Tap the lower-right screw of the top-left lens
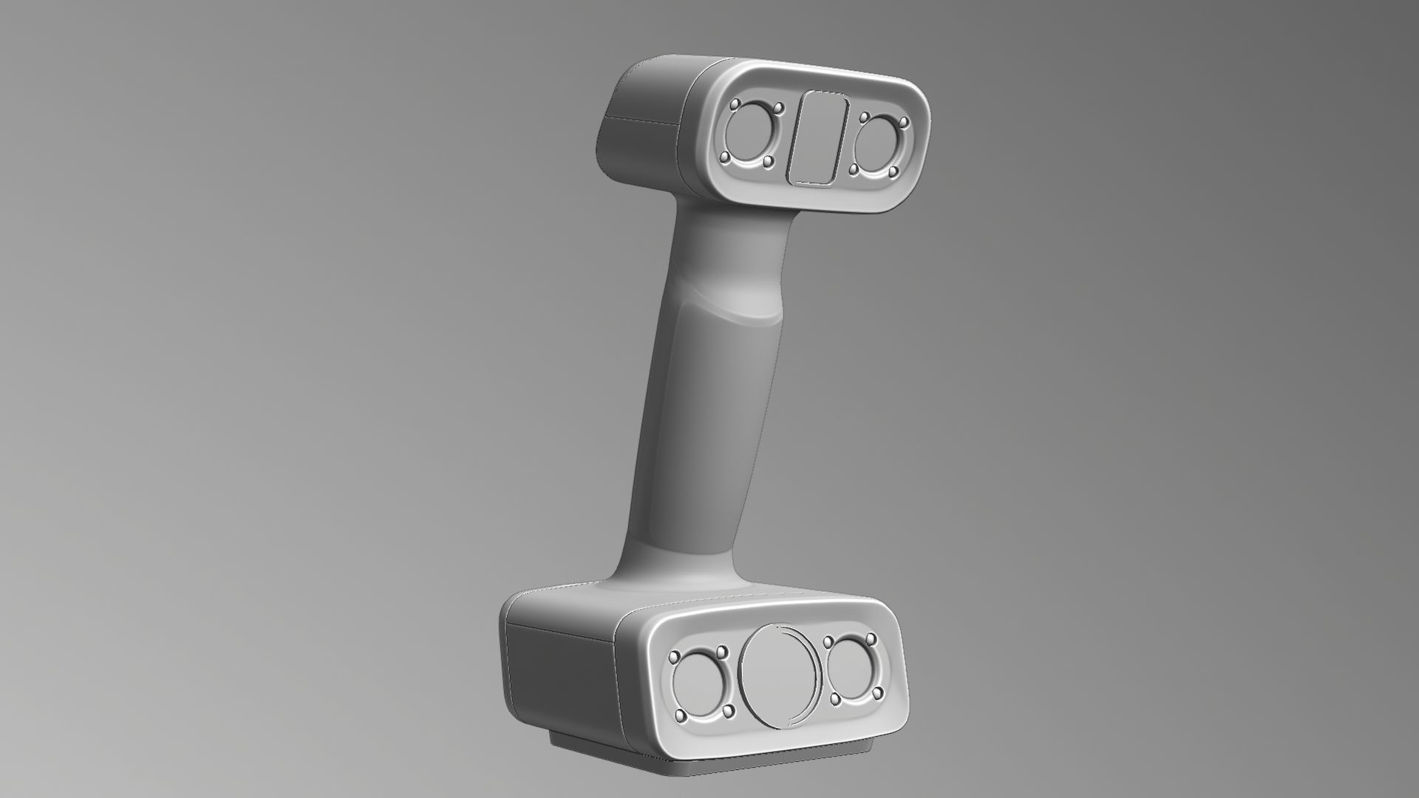(x=767, y=160)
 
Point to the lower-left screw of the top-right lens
(x=854, y=170)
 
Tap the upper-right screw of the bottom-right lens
(x=871, y=637)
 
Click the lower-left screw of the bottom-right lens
(x=836, y=698)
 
